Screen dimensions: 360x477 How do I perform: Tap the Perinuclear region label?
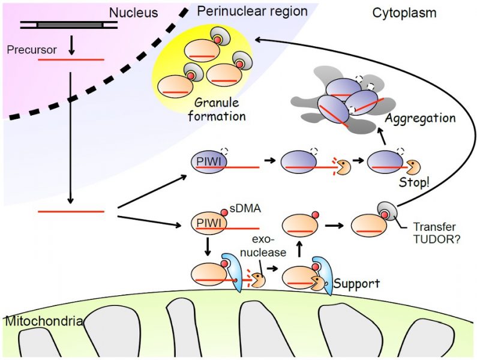pos(252,11)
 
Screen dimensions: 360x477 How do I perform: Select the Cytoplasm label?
pos(404,13)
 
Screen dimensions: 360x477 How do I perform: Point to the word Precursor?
pos(31,50)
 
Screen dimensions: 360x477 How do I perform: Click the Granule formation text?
pos(217,109)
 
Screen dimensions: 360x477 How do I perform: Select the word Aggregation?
pos(419,118)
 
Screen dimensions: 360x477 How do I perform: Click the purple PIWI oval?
pos(207,163)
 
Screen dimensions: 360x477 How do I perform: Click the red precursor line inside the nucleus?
pos(71,59)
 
